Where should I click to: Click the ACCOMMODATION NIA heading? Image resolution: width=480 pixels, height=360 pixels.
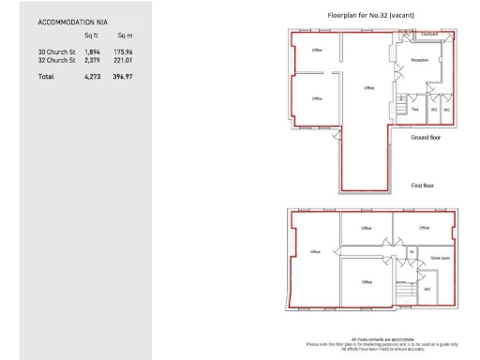[x=71, y=21]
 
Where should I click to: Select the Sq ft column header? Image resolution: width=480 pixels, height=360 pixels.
[x=92, y=35]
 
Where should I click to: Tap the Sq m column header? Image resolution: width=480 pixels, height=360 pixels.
[x=125, y=35]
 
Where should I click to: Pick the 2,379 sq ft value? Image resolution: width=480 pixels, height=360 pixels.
[x=92, y=59]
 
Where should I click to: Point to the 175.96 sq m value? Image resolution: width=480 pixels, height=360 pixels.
[x=123, y=52]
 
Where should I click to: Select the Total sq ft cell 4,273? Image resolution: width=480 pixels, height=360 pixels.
[x=92, y=75]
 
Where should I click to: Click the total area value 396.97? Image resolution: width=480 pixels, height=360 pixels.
[x=123, y=75]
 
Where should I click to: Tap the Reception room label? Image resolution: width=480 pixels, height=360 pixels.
[x=419, y=61]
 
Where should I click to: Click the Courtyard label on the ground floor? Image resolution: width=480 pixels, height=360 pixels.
[x=429, y=34]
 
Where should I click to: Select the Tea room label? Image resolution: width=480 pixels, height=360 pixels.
[x=414, y=110]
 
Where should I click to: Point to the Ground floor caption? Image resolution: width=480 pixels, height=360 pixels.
[x=425, y=137]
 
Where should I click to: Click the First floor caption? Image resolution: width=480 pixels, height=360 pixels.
[x=423, y=186]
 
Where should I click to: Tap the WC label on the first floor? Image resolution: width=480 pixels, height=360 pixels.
[x=427, y=289]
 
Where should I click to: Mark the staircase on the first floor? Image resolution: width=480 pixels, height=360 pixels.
[x=404, y=296]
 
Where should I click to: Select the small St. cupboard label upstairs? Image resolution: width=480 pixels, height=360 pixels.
[x=411, y=251]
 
